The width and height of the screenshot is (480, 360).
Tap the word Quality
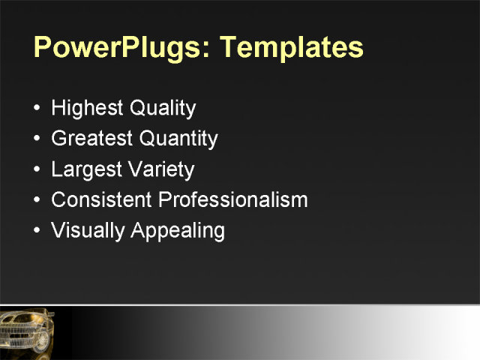coord(163,109)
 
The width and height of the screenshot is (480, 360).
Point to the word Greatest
coord(91,139)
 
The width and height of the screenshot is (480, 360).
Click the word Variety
coord(160,169)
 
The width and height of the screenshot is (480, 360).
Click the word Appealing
coord(178,231)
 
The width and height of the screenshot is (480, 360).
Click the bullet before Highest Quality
coord(38,109)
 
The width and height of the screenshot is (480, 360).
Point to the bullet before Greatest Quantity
coord(38,139)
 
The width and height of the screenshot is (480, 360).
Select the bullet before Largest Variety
coord(38,169)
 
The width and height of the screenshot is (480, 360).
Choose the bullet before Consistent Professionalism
coord(38,200)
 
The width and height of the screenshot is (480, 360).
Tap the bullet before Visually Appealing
coord(38,231)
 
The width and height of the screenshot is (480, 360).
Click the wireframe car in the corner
coord(27,330)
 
